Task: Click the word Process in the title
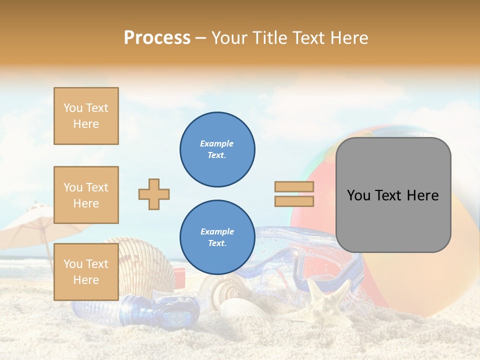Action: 157,37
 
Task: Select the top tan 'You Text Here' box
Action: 86,116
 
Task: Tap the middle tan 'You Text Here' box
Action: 86,195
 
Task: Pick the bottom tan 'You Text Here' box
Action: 86,271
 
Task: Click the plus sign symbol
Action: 154,194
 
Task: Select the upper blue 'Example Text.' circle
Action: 217,149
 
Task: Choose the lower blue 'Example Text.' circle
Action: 217,237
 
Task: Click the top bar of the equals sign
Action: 294,187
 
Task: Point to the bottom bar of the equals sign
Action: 294,201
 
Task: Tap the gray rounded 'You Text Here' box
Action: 393,195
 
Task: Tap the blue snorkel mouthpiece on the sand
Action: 160,310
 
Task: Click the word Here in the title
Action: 347,37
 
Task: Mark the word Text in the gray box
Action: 393,195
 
